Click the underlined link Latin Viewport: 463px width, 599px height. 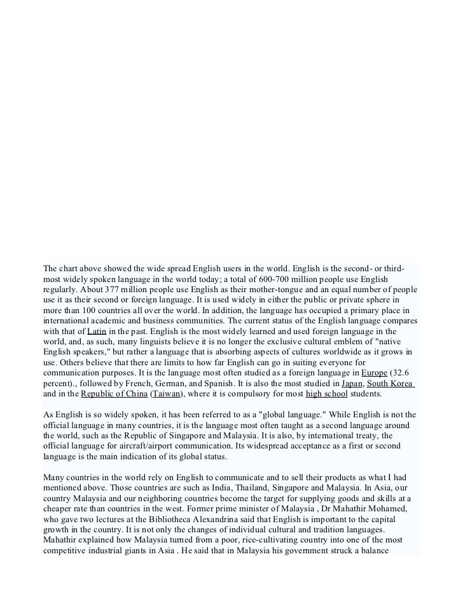(97, 331)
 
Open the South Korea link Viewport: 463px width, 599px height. (390, 383)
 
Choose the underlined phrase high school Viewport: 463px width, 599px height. (326, 394)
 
